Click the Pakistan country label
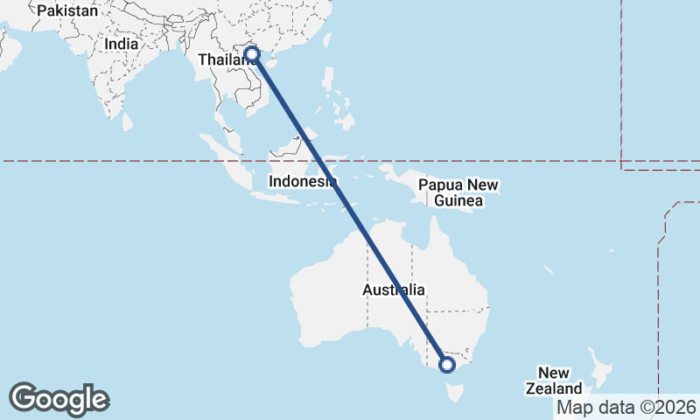(65, 10)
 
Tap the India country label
(121, 43)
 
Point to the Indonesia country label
(303, 182)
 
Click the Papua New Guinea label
(458, 193)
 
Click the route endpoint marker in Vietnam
(252, 54)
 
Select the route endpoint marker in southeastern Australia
(447, 365)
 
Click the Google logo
(59, 399)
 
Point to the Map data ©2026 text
(626, 407)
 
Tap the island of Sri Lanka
(128, 123)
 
